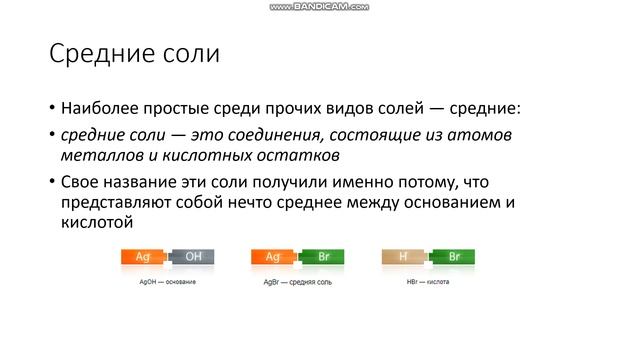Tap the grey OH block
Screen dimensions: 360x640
click(193, 257)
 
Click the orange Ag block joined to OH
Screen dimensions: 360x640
click(143, 257)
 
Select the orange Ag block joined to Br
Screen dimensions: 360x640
click(272, 257)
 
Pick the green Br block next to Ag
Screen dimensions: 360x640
click(323, 257)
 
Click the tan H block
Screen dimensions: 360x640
click(403, 257)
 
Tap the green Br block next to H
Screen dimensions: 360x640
click(453, 257)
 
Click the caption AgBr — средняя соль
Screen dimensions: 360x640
click(297, 282)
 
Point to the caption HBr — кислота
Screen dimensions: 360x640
click(428, 282)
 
